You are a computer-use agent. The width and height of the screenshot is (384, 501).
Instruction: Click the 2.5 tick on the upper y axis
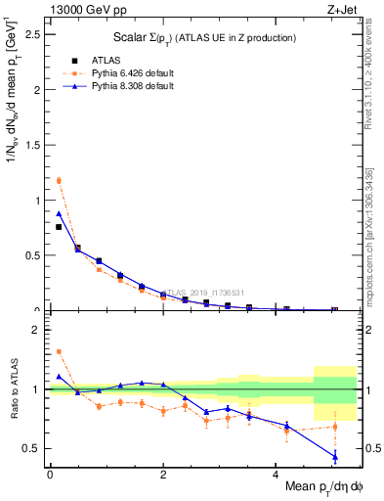pos(34,34)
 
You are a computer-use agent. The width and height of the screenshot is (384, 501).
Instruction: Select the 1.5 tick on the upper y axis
pos(34,145)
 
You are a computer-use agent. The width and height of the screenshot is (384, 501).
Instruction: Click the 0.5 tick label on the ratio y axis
pos(34,448)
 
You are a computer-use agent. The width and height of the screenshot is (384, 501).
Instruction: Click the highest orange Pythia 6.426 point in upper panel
pos(59,180)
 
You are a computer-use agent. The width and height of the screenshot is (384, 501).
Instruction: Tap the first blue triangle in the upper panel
pos(59,213)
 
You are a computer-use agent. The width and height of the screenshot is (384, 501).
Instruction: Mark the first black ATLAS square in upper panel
pos(59,227)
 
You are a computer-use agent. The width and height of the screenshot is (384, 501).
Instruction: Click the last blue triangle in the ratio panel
pos(335,456)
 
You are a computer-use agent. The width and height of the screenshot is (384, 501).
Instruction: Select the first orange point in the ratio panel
pos(59,351)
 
